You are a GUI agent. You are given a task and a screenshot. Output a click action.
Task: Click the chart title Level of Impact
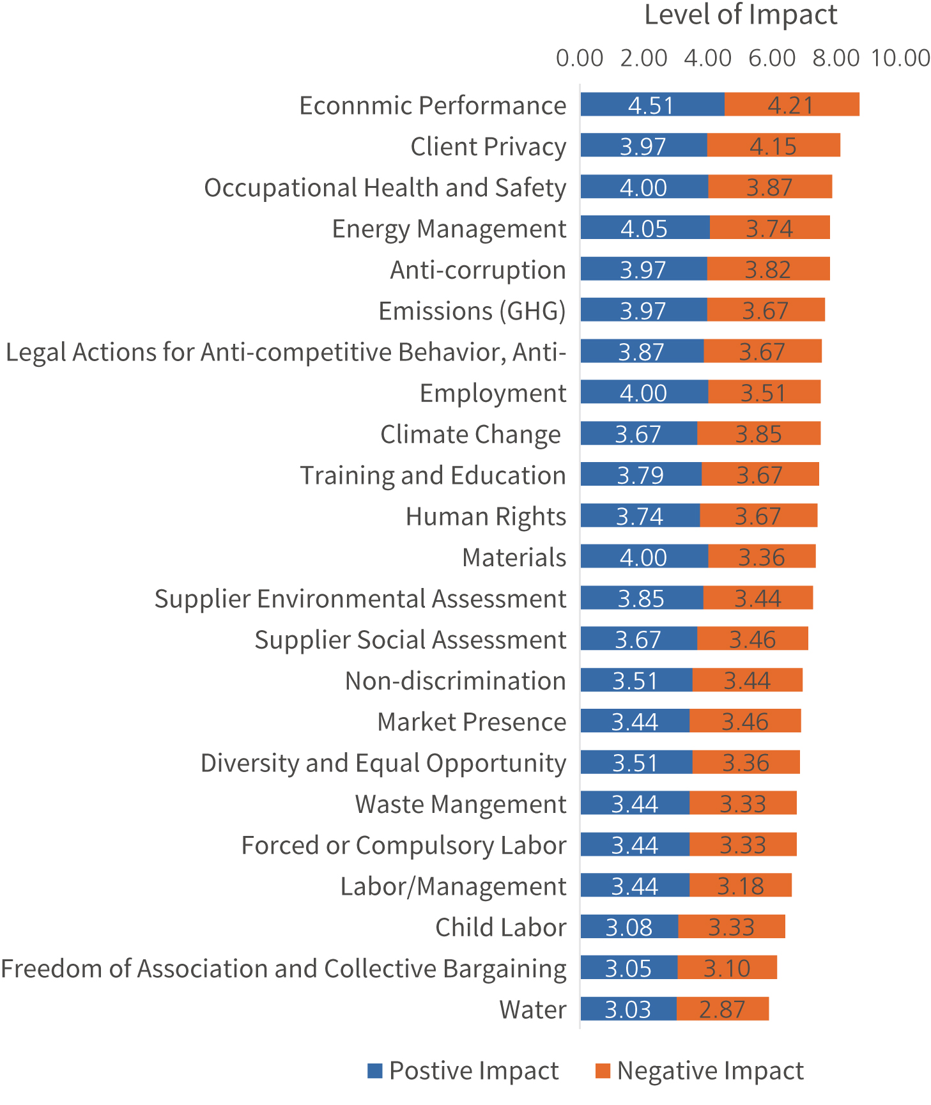click(x=740, y=15)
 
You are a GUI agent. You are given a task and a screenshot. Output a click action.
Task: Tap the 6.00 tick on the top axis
click(x=772, y=58)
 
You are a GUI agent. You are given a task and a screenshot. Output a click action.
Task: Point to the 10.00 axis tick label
click(x=900, y=58)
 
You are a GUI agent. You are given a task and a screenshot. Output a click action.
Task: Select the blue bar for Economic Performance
click(x=652, y=105)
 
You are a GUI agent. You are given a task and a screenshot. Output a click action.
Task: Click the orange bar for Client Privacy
click(x=773, y=146)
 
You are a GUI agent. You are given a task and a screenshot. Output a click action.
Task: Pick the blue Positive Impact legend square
click(x=375, y=1070)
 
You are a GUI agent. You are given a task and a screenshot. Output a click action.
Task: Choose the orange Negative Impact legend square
click(x=603, y=1070)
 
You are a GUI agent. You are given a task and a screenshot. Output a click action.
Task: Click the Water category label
click(x=532, y=1010)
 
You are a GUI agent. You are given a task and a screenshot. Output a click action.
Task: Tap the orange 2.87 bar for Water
click(x=722, y=1009)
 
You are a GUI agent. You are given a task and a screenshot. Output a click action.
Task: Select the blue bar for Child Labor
click(x=629, y=927)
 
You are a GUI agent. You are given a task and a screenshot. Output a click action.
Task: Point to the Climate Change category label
click(x=470, y=435)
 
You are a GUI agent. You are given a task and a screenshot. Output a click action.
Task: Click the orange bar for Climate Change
click(x=758, y=434)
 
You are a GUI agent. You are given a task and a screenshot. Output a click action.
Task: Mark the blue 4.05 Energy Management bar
click(x=644, y=228)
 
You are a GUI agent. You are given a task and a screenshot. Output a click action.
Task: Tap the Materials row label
click(x=514, y=557)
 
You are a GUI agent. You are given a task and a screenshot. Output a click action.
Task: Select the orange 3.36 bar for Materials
click(x=761, y=557)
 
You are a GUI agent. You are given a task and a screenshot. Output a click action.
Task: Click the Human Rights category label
click(x=486, y=516)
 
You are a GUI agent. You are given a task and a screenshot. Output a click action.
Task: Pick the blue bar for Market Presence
click(x=635, y=721)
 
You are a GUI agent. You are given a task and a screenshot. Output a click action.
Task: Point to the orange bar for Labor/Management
click(x=740, y=886)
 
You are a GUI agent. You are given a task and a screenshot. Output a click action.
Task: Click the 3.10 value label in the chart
click(x=727, y=968)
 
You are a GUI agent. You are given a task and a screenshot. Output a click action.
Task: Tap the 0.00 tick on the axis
click(x=580, y=58)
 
